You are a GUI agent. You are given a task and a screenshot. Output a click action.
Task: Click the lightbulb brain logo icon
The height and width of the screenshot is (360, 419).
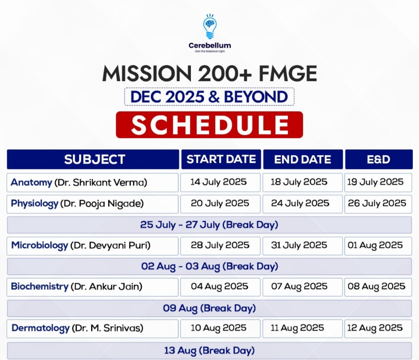pyautogui.click(x=210, y=26)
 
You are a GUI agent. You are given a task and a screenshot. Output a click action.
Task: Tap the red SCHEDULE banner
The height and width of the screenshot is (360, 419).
pyautogui.click(x=209, y=125)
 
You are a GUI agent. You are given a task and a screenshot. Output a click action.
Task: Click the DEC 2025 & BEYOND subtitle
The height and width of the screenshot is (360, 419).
pyautogui.click(x=209, y=97)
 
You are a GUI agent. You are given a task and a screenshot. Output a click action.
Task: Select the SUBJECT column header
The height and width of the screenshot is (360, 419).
pyautogui.click(x=93, y=159)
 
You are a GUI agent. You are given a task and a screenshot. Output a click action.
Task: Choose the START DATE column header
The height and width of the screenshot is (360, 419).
pyautogui.click(x=221, y=159)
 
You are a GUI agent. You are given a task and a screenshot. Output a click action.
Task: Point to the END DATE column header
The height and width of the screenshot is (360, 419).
pyautogui.click(x=303, y=159)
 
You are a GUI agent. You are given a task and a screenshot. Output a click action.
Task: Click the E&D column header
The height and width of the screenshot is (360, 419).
pyautogui.click(x=379, y=159)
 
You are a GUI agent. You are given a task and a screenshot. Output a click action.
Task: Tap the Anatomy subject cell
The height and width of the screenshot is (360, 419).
pyautogui.click(x=92, y=183)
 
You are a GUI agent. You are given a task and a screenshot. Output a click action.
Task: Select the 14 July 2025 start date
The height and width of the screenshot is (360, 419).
pyautogui.click(x=220, y=183)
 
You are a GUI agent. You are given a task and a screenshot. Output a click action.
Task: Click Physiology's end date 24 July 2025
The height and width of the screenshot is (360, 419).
pyautogui.click(x=303, y=204)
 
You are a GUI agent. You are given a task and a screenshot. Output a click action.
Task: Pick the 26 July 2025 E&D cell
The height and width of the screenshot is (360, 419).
pyautogui.click(x=378, y=204)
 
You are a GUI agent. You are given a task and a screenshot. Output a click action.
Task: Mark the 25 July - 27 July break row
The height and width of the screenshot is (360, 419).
pyautogui.click(x=209, y=225)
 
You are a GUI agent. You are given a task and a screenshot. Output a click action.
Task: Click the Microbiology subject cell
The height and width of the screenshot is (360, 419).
pyautogui.click(x=92, y=246)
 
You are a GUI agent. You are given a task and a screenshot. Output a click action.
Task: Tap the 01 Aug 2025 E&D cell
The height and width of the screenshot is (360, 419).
pyautogui.click(x=378, y=246)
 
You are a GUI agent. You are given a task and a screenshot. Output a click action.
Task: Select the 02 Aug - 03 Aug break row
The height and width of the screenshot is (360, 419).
pyautogui.click(x=209, y=267)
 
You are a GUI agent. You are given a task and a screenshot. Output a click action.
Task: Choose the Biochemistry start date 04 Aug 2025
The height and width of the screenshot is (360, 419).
pyautogui.click(x=220, y=287)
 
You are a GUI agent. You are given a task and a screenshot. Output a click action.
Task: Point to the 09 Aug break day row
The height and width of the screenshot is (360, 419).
pyautogui.click(x=209, y=308)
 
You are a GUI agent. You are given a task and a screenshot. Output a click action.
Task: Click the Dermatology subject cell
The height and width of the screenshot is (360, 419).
pyautogui.click(x=92, y=329)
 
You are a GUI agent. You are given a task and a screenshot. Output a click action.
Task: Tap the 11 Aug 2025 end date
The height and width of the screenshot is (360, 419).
pyautogui.click(x=303, y=329)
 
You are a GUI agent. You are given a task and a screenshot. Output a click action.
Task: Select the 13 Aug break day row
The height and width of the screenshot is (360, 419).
pyautogui.click(x=209, y=351)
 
